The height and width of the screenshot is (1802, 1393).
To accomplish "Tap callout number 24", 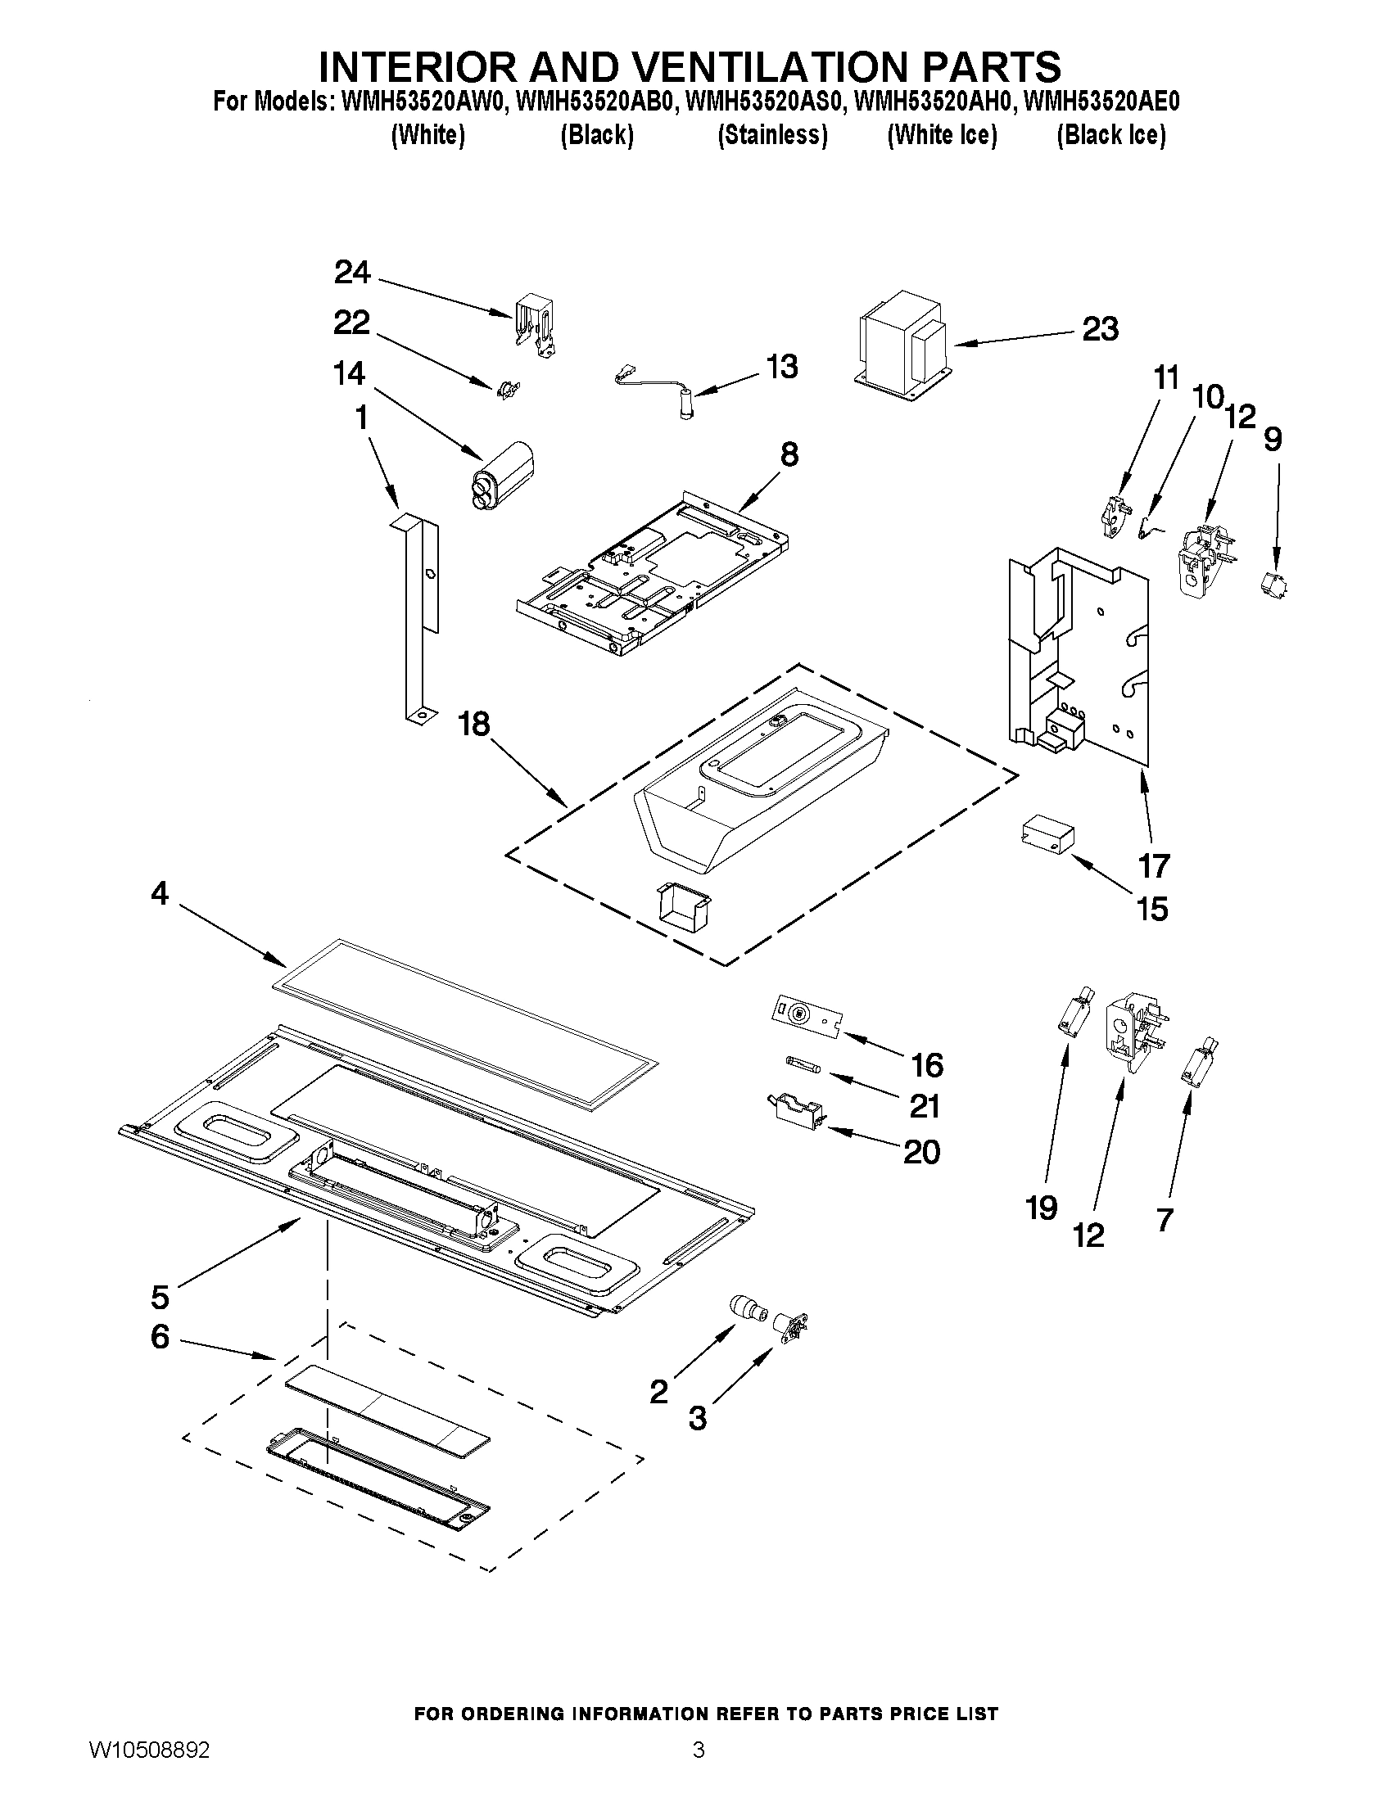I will (352, 273).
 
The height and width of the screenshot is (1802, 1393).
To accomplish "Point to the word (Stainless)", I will (772, 135).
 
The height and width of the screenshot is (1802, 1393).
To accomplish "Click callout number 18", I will (474, 725).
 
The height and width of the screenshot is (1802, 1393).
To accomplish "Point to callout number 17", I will (1154, 865).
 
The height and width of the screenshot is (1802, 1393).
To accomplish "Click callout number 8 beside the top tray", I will (789, 454).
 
